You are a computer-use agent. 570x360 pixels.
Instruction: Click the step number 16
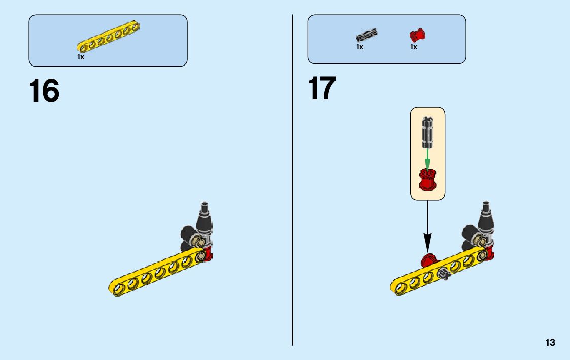[45, 91]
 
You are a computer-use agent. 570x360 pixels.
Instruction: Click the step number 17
[322, 88]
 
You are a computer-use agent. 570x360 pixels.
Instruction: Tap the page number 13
[550, 343]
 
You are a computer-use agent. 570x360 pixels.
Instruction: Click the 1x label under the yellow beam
[81, 57]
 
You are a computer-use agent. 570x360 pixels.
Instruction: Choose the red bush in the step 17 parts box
[417, 36]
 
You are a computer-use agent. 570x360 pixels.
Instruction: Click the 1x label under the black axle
[360, 47]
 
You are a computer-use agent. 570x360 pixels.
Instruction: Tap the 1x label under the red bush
[414, 47]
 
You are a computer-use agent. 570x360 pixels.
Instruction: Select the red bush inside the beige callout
[427, 180]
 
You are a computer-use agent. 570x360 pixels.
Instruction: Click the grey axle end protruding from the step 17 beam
[445, 274]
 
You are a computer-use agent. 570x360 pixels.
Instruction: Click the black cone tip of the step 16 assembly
[205, 209]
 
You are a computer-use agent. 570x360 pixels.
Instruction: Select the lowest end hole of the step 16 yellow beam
[119, 288]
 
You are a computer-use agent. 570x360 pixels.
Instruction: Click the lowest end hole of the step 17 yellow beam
[401, 287]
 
